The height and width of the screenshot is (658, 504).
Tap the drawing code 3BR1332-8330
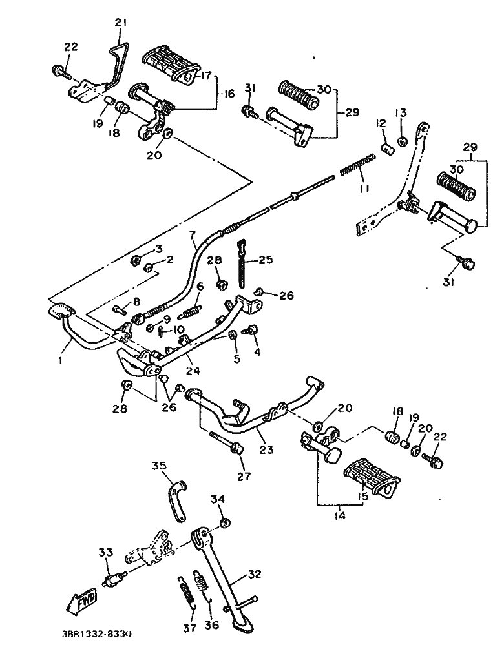pos(98,635)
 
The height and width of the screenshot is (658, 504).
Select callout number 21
pos(121,23)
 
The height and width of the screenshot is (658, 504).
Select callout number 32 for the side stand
pos(255,573)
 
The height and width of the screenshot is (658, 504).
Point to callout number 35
pos(159,466)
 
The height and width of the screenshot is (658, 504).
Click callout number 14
pos(339,516)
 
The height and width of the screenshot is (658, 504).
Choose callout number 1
pos(60,361)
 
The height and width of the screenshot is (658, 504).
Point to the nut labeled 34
pos(224,522)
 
